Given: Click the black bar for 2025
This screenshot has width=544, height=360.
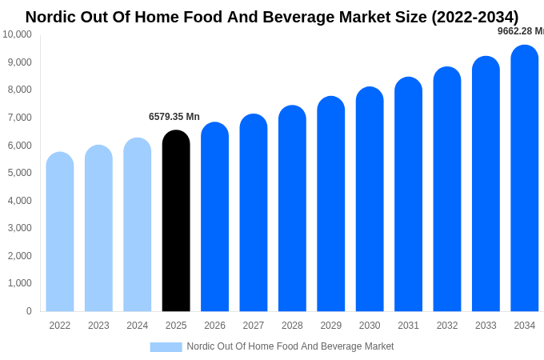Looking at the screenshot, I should tap(176, 222).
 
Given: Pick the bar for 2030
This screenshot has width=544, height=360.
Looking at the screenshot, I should tap(370, 199).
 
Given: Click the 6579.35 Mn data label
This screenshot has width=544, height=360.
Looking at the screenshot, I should tap(174, 117).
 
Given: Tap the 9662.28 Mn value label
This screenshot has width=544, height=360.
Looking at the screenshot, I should tap(520, 31).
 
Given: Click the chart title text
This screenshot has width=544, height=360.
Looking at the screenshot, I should tap(272, 17).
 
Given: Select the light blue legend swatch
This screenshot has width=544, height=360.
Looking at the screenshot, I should tap(166, 346).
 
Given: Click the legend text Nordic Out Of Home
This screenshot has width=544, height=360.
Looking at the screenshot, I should tap(290, 346).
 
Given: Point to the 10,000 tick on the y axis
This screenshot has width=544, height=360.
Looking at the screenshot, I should tap(17, 34).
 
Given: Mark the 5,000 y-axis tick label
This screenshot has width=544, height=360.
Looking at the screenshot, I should tap(19, 173).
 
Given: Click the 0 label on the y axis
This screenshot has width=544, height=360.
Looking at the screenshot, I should tap(29, 311).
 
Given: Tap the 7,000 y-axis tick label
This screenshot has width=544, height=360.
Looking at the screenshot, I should tap(19, 118).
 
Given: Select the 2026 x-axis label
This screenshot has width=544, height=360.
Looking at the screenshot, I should tap(214, 326).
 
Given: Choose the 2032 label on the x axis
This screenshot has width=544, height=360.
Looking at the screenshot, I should tap(447, 326).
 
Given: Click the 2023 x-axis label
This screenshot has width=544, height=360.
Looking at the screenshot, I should tap(98, 326).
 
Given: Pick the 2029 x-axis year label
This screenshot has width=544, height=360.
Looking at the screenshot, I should tap(331, 326).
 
